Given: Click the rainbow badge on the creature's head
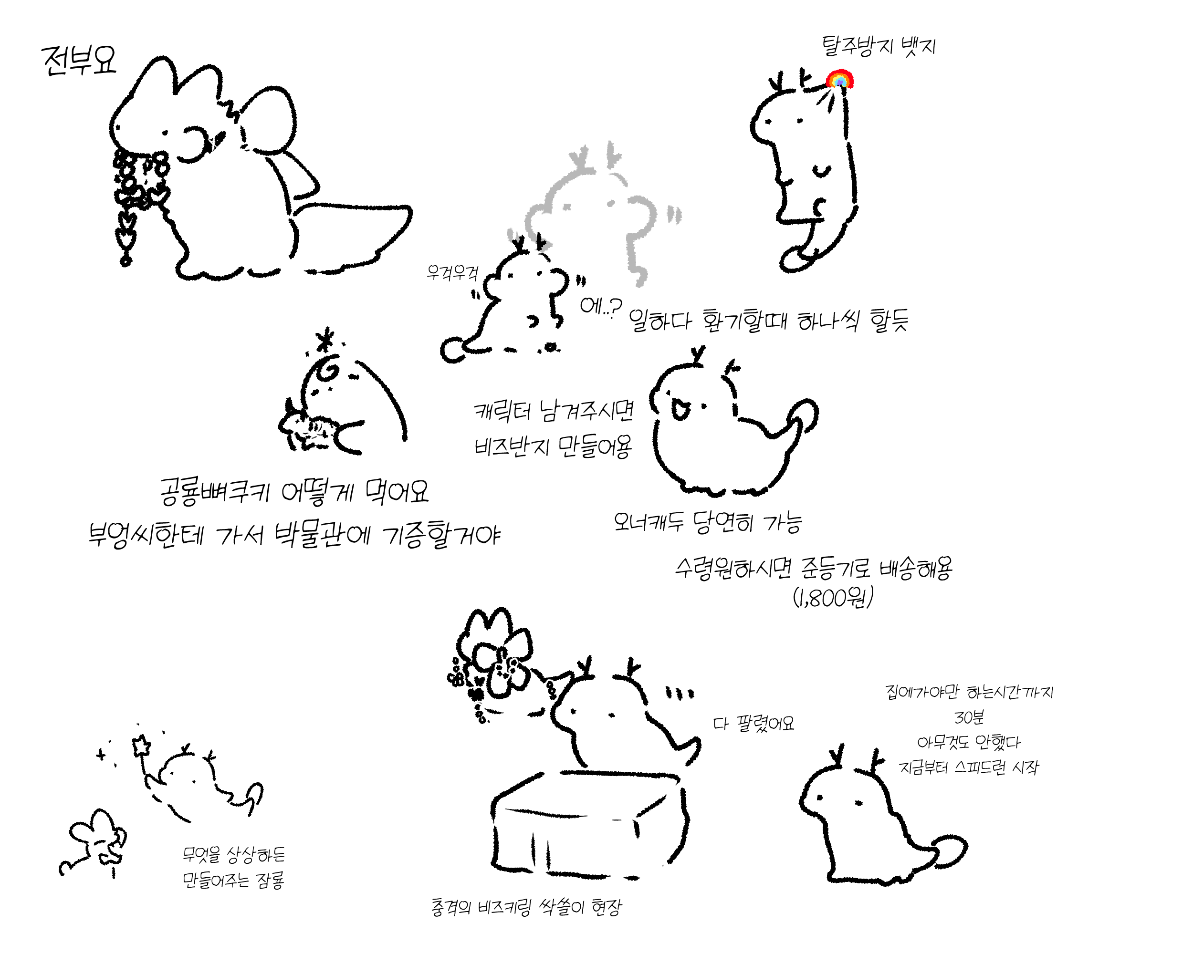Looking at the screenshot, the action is pyautogui.click(x=839, y=80).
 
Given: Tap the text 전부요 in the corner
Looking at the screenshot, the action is pyautogui.click(x=79, y=60).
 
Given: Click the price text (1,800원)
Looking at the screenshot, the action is pyautogui.click(x=833, y=597).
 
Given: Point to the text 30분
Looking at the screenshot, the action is pyautogui.click(x=969, y=717).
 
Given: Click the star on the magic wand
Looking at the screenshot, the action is pyautogui.click(x=142, y=745).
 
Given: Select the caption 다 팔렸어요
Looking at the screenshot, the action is pyautogui.click(x=753, y=723).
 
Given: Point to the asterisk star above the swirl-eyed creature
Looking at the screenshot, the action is pyautogui.click(x=326, y=339).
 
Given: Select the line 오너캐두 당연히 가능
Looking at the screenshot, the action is pyautogui.click(x=708, y=521).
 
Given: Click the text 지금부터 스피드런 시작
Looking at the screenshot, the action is pyautogui.click(x=969, y=767).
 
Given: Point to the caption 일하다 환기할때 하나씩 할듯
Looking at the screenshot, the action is pyautogui.click(x=769, y=320).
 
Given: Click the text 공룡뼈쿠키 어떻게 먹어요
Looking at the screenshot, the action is pyautogui.click(x=294, y=492).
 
